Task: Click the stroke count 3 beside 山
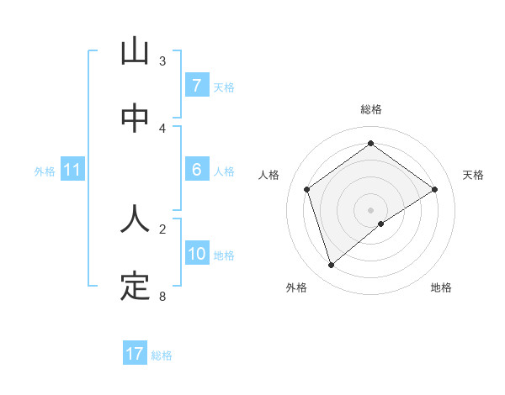[x=162, y=61]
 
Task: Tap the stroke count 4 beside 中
[x=162, y=129]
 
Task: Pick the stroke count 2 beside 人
[x=162, y=228]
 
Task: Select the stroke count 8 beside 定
[x=162, y=296]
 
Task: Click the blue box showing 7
[x=196, y=86]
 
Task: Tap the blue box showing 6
[x=196, y=170]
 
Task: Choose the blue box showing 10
[x=196, y=254]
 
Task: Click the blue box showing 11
[x=72, y=170]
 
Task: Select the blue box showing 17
[x=135, y=354]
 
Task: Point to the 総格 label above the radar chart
[x=371, y=109]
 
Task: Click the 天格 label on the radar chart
[x=473, y=175]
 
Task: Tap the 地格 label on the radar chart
[x=441, y=287]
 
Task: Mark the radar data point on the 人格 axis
[x=307, y=189]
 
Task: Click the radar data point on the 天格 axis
[x=434, y=189]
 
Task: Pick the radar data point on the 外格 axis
[x=332, y=266]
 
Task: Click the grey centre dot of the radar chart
[x=371, y=209]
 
